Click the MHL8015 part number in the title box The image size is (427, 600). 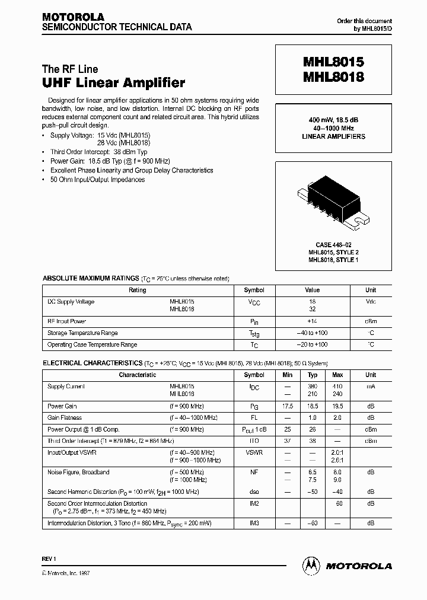pyautogui.click(x=333, y=62)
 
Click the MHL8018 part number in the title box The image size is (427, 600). pyautogui.click(x=333, y=77)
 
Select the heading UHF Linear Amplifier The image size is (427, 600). pyautogui.click(x=113, y=83)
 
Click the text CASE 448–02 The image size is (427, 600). pyautogui.click(x=333, y=245)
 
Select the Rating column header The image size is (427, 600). pyautogui.click(x=137, y=291)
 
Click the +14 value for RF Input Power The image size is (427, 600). pyautogui.click(x=312, y=321)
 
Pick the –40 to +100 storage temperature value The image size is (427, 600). pyautogui.click(x=312, y=333)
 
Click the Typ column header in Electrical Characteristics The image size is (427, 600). pyautogui.click(x=313, y=375)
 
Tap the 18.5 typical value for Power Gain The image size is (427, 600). pyautogui.click(x=313, y=407)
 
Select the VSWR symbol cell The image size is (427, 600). pyautogui.click(x=254, y=452)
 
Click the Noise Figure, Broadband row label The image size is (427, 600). pyautogui.click(x=78, y=473)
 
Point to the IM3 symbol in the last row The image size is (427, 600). pyautogui.click(x=254, y=523)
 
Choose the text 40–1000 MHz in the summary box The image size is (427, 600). pyautogui.click(x=333, y=128)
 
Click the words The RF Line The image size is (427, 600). pyautogui.click(x=70, y=69)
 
